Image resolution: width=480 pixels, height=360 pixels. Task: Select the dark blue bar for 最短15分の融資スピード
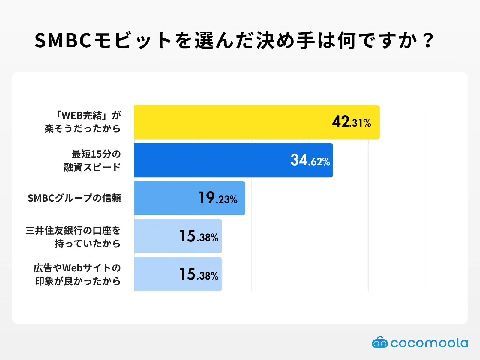coord(210,160)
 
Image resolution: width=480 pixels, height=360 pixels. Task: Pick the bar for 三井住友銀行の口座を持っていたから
coord(156,236)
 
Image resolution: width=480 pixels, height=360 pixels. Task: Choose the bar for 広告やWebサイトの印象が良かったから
coord(156,274)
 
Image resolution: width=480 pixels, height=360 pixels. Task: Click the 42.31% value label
coord(351,122)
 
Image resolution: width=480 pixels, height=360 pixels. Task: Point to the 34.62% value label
coord(310,160)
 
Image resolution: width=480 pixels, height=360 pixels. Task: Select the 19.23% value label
coord(218,198)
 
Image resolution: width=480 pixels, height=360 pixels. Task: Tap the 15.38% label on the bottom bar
coord(199,274)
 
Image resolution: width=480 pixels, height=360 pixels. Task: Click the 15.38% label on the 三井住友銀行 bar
coord(199,236)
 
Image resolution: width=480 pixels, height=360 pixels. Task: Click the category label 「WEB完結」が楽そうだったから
coord(83,122)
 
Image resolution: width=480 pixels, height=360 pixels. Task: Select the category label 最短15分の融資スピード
coord(92,160)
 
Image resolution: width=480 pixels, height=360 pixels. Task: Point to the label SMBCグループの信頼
coord(74,198)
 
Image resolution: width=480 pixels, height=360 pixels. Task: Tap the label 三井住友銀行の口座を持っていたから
coord(73,237)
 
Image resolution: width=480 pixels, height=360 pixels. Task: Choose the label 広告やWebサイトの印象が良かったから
coord(77,274)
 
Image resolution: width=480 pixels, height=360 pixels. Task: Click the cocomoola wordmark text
coord(429,343)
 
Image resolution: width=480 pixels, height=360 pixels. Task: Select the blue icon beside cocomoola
coord(379,343)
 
